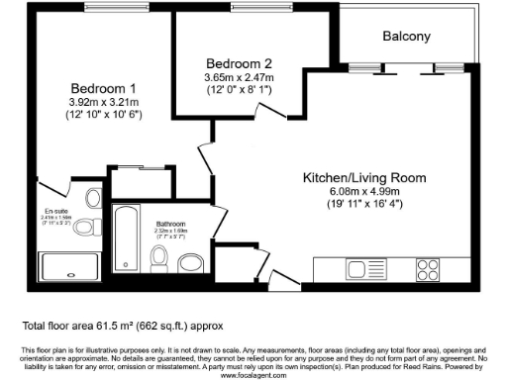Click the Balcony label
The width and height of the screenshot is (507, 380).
pyautogui.click(x=406, y=37)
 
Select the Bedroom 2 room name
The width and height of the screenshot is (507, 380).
pyautogui.click(x=233, y=60)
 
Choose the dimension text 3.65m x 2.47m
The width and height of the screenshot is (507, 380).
pyautogui.click(x=233, y=75)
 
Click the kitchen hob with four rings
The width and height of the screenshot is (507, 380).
pyautogui.click(x=428, y=267)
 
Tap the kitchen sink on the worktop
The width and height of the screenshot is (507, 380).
pyautogui.click(x=357, y=268)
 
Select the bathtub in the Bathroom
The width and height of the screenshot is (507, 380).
pyautogui.click(x=127, y=237)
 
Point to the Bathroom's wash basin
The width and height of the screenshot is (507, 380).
pyautogui.click(x=190, y=261)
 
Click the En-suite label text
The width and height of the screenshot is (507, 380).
pyautogui.click(x=54, y=210)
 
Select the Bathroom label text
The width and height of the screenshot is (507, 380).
pyautogui.click(x=171, y=224)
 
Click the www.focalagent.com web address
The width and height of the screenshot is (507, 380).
pyautogui.click(x=253, y=376)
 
